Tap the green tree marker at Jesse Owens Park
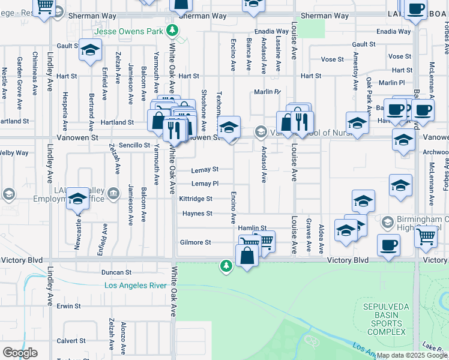coord(173,29)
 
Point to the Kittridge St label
coord(195,199)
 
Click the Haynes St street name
coord(197,214)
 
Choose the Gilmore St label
coord(196,242)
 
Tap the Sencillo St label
coord(134,145)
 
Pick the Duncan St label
coord(116,272)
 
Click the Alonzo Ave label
coord(123,338)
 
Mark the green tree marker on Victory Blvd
coord(226,265)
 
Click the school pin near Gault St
coord(90,50)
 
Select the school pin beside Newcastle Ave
coord(77,198)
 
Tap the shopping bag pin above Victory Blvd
coord(247,255)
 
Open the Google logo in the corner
coord(20,353)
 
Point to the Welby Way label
coord(14,153)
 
